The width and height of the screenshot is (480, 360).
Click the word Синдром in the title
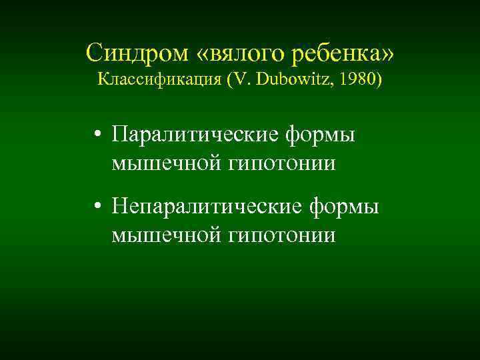click(126, 53)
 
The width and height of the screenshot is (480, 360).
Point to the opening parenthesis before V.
click(229, 81)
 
